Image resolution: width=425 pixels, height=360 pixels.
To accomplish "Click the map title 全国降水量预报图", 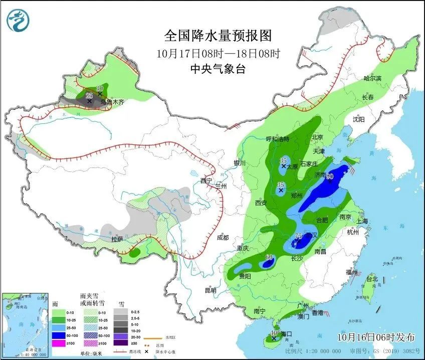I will point(218,36).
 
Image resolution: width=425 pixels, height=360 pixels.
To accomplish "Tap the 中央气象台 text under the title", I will point(218,70).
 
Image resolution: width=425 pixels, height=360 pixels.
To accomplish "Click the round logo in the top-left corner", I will point(18,20).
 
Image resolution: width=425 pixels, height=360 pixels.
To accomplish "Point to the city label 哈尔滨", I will point(372,79).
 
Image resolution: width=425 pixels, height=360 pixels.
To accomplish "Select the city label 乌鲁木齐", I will point(111,102).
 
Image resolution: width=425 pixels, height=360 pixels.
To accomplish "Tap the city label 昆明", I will point(210,290).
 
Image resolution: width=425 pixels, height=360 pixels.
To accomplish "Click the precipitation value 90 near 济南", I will point(330,176).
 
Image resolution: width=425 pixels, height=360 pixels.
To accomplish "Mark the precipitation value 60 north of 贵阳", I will point(269,258).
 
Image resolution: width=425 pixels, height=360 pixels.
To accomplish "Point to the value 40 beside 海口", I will point(274,333).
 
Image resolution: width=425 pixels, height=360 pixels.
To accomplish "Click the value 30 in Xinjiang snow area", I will point(100,88).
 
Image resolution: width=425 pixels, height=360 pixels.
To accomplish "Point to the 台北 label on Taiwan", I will point(371,279).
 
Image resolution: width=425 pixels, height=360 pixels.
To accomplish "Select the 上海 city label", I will point(362,221).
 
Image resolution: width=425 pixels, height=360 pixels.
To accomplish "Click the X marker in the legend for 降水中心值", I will point(146,351).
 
